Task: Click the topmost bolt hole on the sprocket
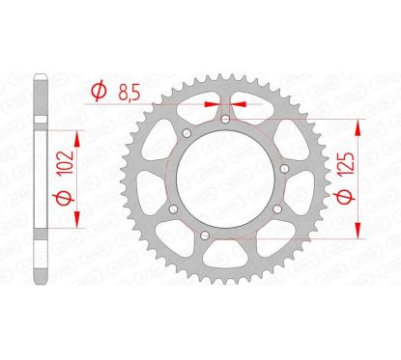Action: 224,120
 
